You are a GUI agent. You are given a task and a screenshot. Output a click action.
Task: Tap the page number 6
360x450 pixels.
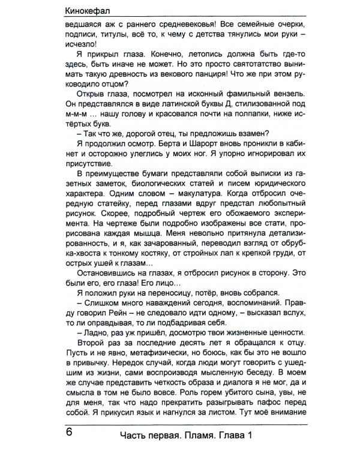coord(68,431)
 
